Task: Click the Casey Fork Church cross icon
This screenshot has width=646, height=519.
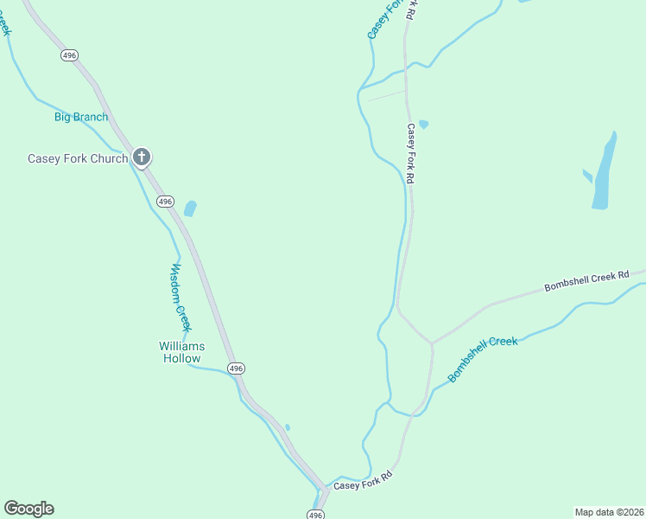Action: (142, 157)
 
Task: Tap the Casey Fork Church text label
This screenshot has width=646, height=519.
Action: (78, 158)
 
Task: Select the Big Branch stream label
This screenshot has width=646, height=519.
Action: (81, 117)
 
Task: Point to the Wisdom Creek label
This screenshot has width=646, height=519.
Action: (179, 297)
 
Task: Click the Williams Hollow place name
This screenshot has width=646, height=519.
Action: (181, 352)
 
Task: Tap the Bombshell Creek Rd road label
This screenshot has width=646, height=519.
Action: (586, 282)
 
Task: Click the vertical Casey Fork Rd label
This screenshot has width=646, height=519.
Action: (412, 153)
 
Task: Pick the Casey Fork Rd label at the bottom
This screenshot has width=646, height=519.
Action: (364, 480)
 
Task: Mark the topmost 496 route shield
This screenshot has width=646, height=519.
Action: (70, 54)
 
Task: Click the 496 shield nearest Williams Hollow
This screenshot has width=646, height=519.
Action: (237, 368)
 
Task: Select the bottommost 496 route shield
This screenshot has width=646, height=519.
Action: (315, 515)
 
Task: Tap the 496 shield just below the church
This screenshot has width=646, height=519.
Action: (165, 202)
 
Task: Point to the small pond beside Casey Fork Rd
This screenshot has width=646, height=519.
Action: (423, 125)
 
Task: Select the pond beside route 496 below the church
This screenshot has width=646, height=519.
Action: (190, 208)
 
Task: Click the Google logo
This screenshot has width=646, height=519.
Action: (28, 509)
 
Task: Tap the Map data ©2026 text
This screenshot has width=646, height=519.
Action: (609, 512)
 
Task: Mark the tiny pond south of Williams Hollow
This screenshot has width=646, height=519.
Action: (288, 427)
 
